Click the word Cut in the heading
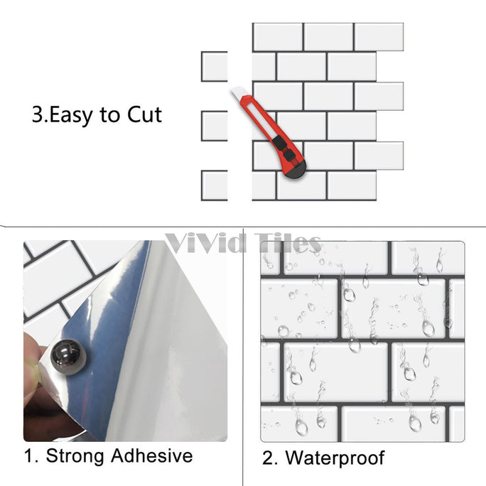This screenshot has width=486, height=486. (145, 114)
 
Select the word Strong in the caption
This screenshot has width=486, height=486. (75, 456)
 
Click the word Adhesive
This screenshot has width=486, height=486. (152, 455)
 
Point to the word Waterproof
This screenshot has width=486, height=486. (335, 458)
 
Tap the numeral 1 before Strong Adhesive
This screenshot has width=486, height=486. (29, 456)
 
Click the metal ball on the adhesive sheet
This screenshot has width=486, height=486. (68, 357)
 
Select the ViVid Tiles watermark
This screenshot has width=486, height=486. (243, 243)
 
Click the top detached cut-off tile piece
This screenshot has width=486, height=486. (215, 67)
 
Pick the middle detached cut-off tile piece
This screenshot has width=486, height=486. (215, 126)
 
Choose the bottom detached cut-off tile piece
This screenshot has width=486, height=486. (215, 185)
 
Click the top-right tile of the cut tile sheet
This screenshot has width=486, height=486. (379, 37)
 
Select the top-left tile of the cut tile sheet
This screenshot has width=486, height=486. (278, 37)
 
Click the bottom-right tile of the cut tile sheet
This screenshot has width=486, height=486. (352, 185)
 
